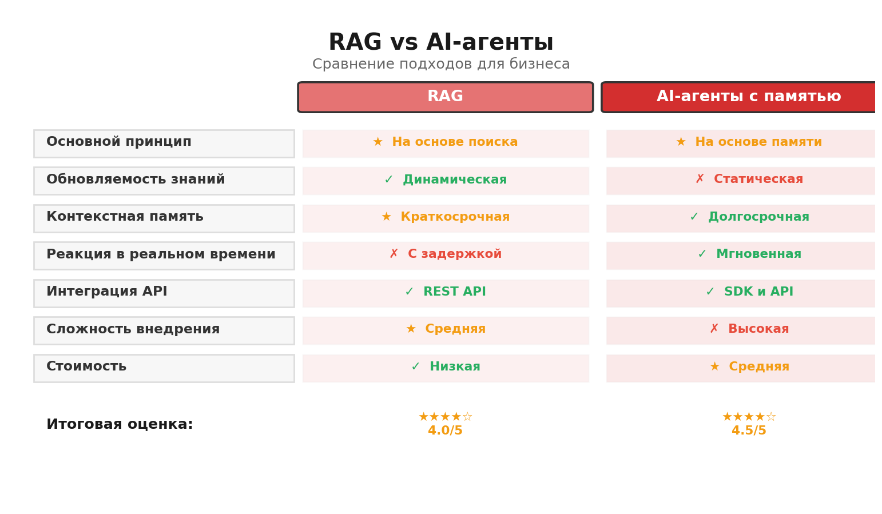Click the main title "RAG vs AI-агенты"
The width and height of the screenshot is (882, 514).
pyautogui.click(x=440, y=43)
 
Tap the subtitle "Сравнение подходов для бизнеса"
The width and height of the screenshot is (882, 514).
pyautogui.click(x=440, y=65)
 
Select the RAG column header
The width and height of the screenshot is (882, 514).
pyautogui.click(x=445, y=97)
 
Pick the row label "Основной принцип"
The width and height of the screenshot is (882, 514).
pyautogui.click(x=119, y=142)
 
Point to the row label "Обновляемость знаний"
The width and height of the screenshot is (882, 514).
pyautogui.click(x=136, y=180)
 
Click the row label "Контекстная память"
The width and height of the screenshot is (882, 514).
pyautogui.click(x=125, y=217)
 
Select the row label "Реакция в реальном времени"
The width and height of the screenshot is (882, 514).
pyautogui.click(x=161, y=255)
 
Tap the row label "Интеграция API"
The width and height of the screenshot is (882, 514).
pyautogui.click(x=107, y=292)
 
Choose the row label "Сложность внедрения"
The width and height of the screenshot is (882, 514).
pyautogui.click(x=133, y=330)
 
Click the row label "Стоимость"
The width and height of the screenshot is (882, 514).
pyautogui.click(x=86, y=367)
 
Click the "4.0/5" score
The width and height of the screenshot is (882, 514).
pyautogui.click(x=445, y=431)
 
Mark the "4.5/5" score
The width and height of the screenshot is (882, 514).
pyautogui.click(x=748, y=431)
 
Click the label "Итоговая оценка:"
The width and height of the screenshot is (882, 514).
pyautogui.click(x=120, y=425)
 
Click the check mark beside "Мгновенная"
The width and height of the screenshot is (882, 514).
pyautogui.click(x=702, y=254)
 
